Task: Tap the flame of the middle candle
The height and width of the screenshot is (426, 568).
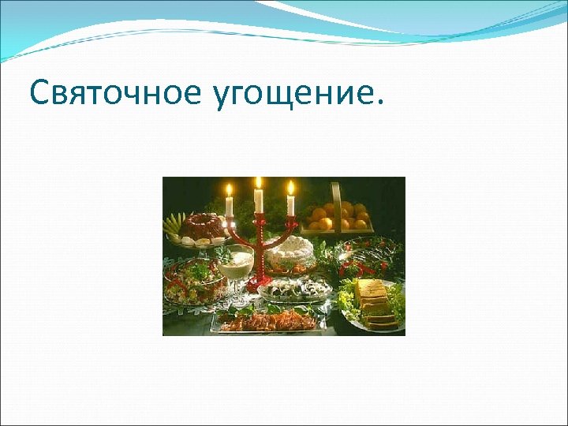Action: point(258,183)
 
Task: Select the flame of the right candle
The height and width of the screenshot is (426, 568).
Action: point(290,188)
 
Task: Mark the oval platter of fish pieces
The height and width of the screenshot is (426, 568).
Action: point(293,290)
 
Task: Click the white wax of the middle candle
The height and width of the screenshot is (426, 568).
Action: point(258,201)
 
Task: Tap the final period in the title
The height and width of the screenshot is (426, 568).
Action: point(383,103)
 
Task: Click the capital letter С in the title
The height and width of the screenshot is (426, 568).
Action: point(39,94)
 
